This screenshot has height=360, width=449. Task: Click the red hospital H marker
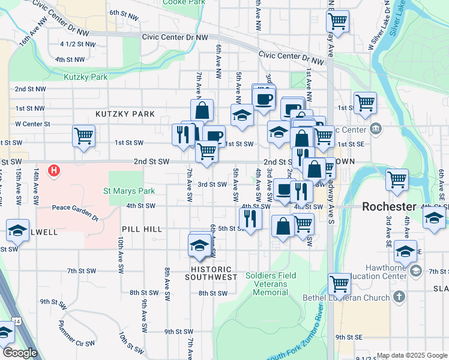(x=54, y=171)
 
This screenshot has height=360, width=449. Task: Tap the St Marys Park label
(x=129, y=191)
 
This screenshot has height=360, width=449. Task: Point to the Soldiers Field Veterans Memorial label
(x=271, y=284)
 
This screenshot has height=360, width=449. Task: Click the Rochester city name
(x=389, y=206)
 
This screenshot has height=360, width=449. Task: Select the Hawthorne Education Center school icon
(x=415, y=271)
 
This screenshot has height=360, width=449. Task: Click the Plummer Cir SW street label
(x=76, y=335)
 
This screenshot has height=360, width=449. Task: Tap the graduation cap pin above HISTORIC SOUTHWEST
(x=199, y=245)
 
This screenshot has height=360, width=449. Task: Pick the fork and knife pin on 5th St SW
(x=250, y=218)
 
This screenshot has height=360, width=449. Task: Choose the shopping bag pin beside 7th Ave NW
(x=202, y=110)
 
